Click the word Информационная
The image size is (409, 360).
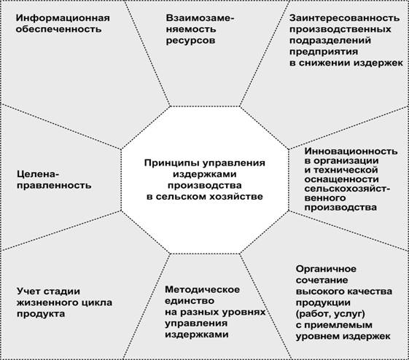(63, 18)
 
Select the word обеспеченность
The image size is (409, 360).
(58, 29)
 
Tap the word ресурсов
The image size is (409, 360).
(191, 41)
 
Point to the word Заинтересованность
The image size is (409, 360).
(345, 18)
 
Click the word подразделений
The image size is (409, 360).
(330, 41)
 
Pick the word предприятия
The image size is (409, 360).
(324, 52)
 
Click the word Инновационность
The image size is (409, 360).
(351, 151)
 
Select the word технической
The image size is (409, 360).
(346, 170)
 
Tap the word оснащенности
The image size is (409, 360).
(342, 179)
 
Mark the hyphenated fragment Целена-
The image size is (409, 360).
(36, 174)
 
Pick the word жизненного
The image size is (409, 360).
(45, 302)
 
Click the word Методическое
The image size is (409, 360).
(203, 289)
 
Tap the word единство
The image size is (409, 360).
(190, 301)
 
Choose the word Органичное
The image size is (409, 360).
(326, 269)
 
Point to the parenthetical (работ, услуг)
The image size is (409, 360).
(330, 314)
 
